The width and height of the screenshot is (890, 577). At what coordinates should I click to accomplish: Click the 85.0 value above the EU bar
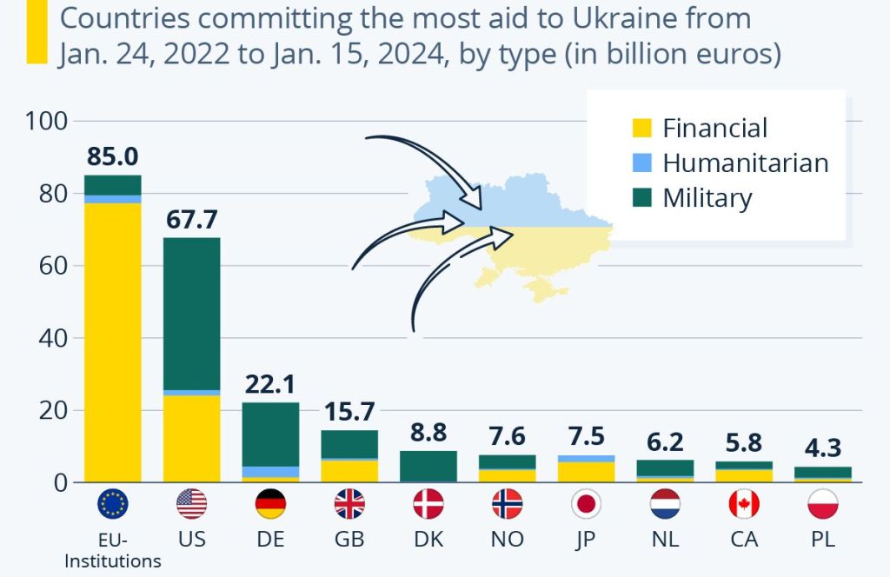pyautogui.click(x=113, y=157)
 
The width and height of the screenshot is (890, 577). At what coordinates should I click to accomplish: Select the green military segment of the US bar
pyautogui.click(x=191, y=313)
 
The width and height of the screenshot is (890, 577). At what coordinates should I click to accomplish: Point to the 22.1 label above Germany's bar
pyautogui.click(x=270, y=384)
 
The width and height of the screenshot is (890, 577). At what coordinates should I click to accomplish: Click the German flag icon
pyautogui.click(x=270, y=504)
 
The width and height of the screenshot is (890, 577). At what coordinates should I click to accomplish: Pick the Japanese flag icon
pyautogui.click(x=586, y=504)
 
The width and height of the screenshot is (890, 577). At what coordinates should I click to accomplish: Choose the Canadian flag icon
pyautogui.click(x=744, y=504)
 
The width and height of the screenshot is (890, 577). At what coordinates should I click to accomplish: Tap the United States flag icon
pyautogui.click(x=191, y=504)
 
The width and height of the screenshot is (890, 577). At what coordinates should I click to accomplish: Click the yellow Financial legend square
pyautogui.click(x=641, y=129)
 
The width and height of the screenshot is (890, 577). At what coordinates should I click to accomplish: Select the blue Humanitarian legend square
pyautogui.click(x=641, y=163)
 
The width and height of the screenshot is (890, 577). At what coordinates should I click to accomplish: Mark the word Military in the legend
pyautogui.click(x=707, y=198)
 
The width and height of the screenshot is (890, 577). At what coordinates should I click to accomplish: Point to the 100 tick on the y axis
pyautogui.click(x=47, y=121)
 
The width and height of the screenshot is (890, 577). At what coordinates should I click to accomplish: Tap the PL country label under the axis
pyautogui.click(x=822, y=539)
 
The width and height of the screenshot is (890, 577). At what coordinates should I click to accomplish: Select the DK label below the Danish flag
pyautogui.click(x=428, y=539)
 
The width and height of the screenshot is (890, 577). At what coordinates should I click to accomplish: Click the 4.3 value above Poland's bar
pyautogui.click(x=822, y=448)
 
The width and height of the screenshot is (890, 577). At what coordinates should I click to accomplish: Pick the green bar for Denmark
pyautogui.click(x=428, y=466)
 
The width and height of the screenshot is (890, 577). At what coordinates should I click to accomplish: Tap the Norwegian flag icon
pyautogui.click(x=507, y=504)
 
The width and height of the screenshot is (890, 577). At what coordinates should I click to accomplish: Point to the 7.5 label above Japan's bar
pyautogui.click(x=586, y=436)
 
